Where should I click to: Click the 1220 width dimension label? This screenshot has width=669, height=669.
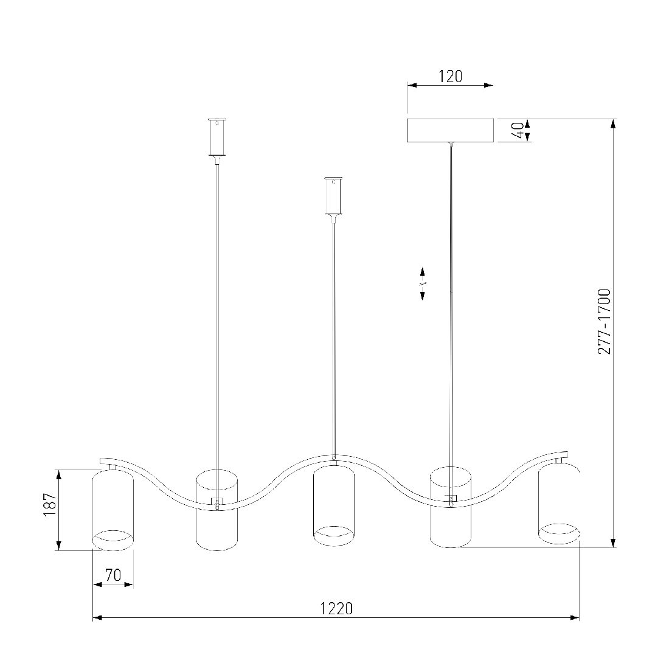click(x=337, y=608)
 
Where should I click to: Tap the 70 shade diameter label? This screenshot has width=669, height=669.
click(x=113, y=575)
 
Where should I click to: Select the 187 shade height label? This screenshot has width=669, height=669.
click(x=50, y=505)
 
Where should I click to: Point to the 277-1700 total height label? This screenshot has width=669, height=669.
click(x=604, y=322)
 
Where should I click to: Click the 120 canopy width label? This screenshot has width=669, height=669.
click(x=451, y=77)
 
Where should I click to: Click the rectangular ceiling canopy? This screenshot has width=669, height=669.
click(x=450, y=130)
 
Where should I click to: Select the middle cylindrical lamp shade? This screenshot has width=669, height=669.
click(x=334, y=505)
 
